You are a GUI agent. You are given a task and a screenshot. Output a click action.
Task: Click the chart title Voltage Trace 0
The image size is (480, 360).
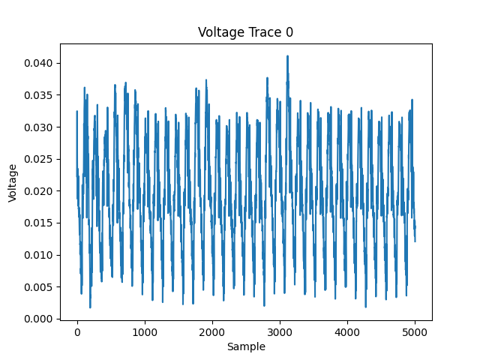pyautogui.click(x=245, y=32)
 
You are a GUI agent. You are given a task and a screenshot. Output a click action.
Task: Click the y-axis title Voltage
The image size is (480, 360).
pyautogui.click(x=13, y=182)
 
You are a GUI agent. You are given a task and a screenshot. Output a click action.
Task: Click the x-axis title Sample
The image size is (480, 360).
pyautogui.click(x=245, y=346)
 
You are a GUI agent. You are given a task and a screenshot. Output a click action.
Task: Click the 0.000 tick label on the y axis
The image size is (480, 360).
pyautogui.click(x=37, y=319)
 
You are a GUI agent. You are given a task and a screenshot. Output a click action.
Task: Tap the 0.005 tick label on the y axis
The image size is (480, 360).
pyautogui.click(x=37, y=287)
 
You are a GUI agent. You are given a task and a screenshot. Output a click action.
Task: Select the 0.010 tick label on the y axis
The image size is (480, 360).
pyautogui.click(x=37, y=255)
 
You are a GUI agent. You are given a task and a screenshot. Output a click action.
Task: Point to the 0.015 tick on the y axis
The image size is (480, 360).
pyautogui.click(x=37, y=223)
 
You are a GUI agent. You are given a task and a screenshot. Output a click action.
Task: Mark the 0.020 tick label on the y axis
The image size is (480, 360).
pyautogui.click(x=37, y=191)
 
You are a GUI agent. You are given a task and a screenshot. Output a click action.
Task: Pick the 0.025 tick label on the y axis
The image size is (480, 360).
pyautogui.click(x=37, y=159)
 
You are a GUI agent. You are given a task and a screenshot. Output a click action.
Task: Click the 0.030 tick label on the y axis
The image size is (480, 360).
pyautogui.click(x=37, y=127)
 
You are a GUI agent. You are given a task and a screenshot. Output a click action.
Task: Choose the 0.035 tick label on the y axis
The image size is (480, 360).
pyautogui.click(x=37, y=95)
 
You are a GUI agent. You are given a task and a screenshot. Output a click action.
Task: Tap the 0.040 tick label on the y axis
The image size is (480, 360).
pyautogui.click(x=37, y=63)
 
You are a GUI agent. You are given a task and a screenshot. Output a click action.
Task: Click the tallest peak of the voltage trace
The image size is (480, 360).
pyautogui.click(x=287, y=56)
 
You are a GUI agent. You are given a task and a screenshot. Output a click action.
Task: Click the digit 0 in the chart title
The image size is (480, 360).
pyautogui.click(x=289, y=32)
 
